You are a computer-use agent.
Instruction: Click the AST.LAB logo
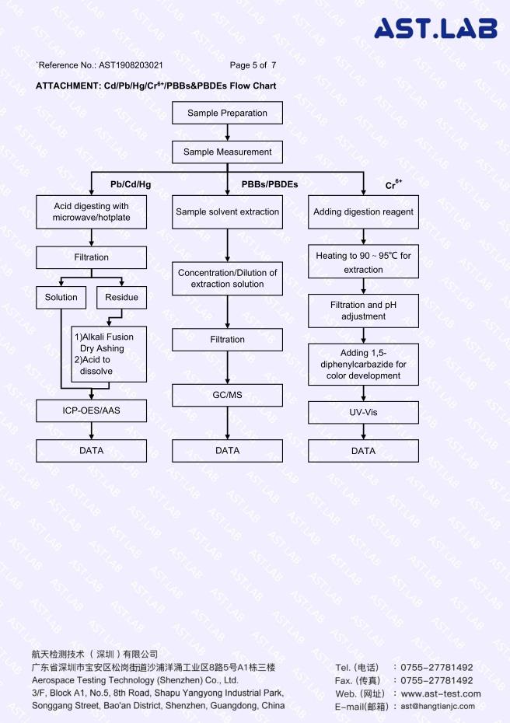(x=435, y=28)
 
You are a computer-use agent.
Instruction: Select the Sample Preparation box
(x=227, y=113)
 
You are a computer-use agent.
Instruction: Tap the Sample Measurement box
(x=227, y=152)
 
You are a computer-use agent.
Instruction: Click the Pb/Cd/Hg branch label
(x=131, y=184)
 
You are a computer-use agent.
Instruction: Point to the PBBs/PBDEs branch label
(x=270, y=184)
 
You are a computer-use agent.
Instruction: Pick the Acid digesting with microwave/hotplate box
(x=91, y=212)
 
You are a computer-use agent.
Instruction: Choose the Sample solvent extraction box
(x=227, y=212)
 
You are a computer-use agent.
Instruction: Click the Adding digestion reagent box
(x=363, y=212)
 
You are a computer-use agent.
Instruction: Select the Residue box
(x=122, y=298)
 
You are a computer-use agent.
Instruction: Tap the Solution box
(x=61, y=298)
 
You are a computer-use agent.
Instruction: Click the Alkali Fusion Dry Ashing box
(x=109, y=355)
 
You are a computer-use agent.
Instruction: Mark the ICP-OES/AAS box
(x=91, y=410)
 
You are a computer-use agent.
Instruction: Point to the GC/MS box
(x=227, y=395)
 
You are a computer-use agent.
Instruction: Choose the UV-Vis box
(x=363, y=412)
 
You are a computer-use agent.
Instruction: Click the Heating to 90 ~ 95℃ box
(x=363, y=261)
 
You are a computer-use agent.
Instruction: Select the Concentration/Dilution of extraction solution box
(x=227, y=278)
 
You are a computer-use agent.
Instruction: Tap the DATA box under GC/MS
(x=227, y=450)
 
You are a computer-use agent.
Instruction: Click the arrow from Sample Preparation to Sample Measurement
(x=227, y=132)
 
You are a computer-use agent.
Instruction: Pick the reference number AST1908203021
(x=131, y=65)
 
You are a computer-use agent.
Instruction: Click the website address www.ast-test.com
(x=441, y=693)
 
